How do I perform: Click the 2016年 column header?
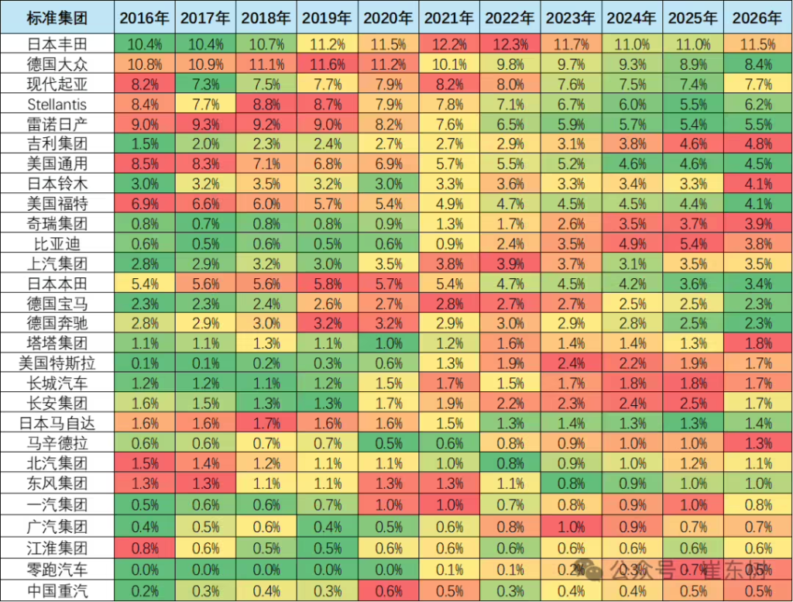[x=145, y=17]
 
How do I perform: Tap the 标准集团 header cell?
[x=57, y=17]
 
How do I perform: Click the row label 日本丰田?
[x=57, y=44]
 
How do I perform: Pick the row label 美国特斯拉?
[x=57, y=361]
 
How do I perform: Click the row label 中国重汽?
[x=57, y=590]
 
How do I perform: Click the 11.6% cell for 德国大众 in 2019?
[x=328, y=64]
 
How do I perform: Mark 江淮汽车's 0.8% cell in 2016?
[x=145, y=551]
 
